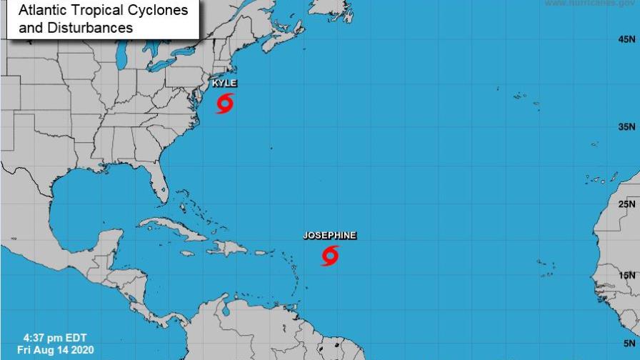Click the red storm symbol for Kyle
point(224,103)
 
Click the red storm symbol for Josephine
point(330,255)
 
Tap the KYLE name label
point(224,84)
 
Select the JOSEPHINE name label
point(329,235)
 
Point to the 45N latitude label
point(626,40)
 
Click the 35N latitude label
point(626,127)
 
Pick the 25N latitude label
point(626,204)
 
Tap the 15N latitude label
point(626,275)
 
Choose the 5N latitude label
point(629,341)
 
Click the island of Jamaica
point(186,253)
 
